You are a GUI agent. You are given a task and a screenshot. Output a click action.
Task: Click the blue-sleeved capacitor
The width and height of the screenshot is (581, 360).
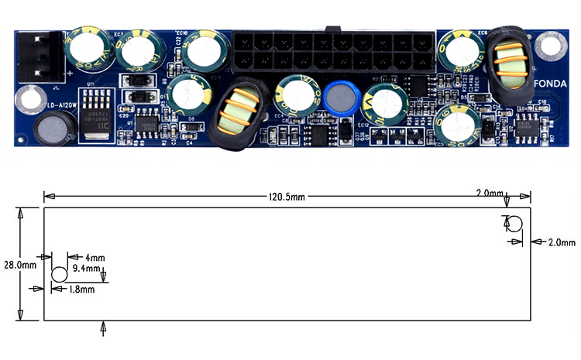339,97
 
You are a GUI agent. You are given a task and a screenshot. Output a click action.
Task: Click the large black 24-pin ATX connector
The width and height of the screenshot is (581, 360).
332,52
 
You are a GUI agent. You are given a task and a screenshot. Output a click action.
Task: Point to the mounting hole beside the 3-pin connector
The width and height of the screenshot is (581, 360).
31,98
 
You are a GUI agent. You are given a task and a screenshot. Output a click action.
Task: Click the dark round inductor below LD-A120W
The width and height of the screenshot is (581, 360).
51,127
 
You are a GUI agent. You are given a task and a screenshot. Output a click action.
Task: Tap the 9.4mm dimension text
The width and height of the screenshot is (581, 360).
86,269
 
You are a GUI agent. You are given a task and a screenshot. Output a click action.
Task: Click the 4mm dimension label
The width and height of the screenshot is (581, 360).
95,257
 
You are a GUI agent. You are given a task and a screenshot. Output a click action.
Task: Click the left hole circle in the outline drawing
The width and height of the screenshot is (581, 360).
60,274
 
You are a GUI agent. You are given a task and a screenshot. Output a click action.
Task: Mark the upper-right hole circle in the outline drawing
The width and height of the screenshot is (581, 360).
514,225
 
